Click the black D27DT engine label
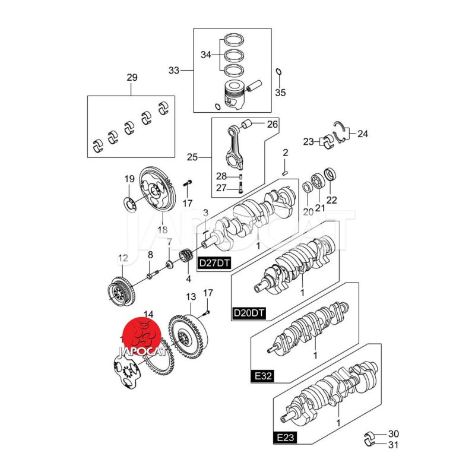(212, 262)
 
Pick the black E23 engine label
(285, 438)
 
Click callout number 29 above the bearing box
(132, 78)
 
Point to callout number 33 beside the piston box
(173, 71)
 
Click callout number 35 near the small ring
(280, 93)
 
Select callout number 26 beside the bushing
(272, 125)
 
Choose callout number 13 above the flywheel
(191, 297)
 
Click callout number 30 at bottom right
(394, 433)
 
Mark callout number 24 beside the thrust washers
(362, 134)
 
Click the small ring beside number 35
(278, 73)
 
